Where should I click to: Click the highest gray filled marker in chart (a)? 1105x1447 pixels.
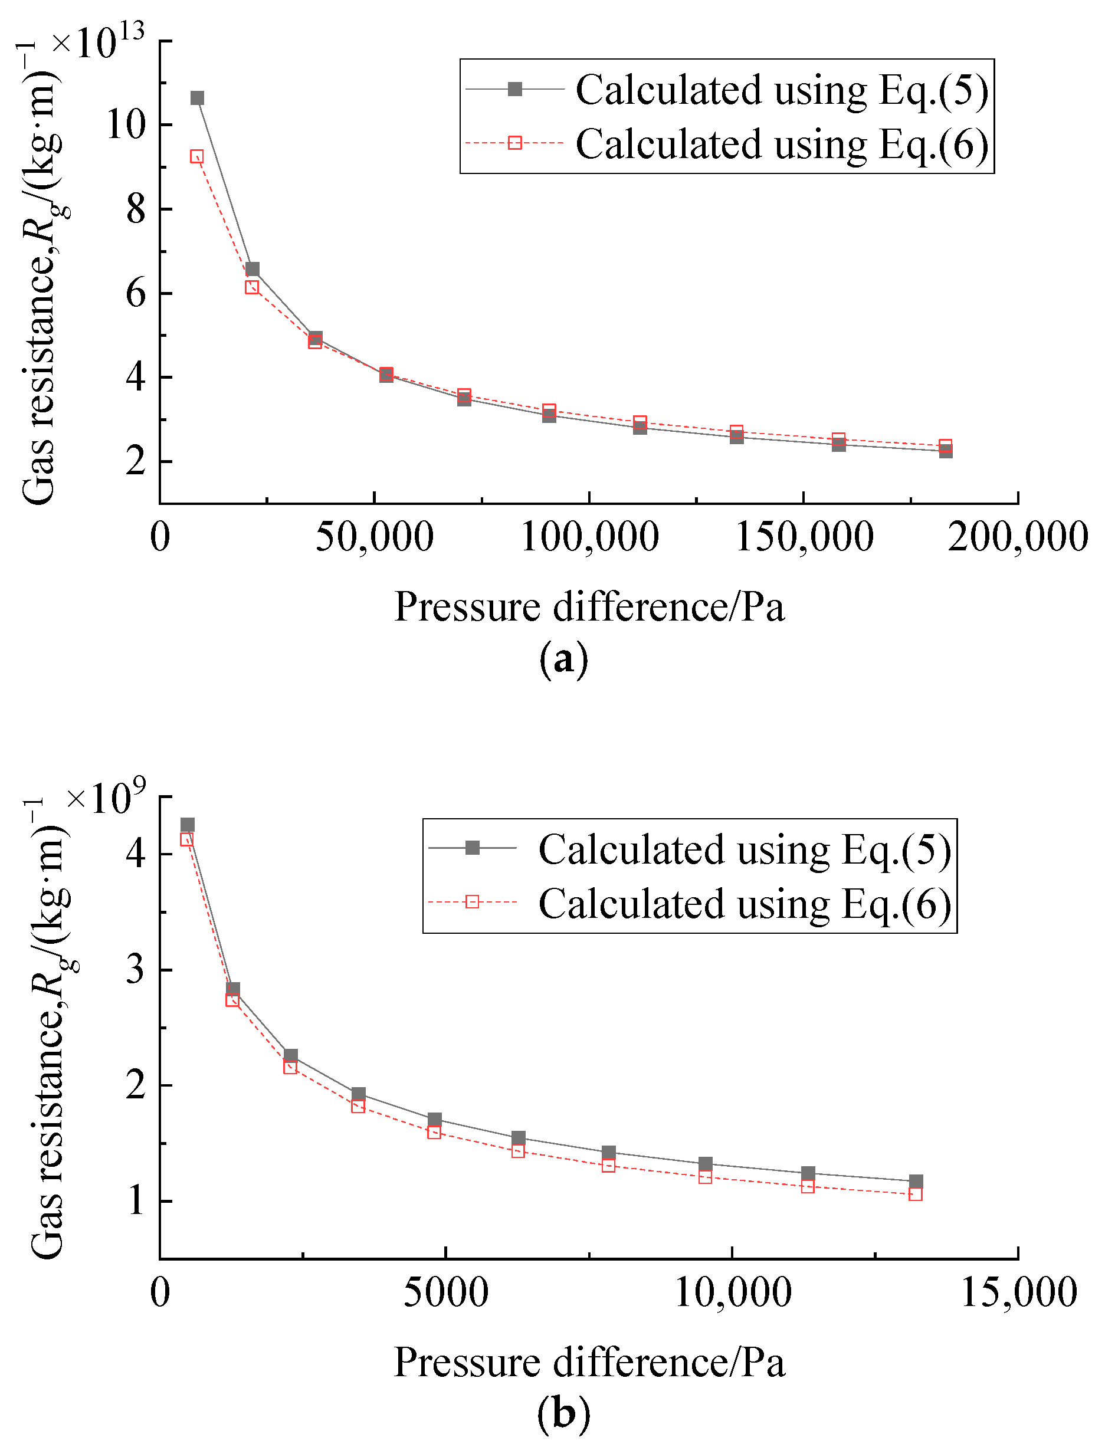[x=196, y=98]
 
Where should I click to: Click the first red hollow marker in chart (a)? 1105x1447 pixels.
[x=196, y=156]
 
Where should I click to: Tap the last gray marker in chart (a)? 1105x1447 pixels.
[x=945, y=451]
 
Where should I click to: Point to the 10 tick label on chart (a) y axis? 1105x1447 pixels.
[x=125, y=124]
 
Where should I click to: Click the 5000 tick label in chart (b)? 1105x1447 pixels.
[x=445, y=1292]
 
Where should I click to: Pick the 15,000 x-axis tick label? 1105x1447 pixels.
[x=1018, y=1292]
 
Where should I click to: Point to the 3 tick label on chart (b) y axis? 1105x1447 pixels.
[x=136, y=969]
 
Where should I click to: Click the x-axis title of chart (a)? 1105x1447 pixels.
[x=589, y=606]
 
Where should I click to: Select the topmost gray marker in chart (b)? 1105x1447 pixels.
[x=188, y=825]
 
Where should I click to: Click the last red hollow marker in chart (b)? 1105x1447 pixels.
[x=915, y=1194]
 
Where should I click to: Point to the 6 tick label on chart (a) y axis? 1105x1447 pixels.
[x=136, y=293]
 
